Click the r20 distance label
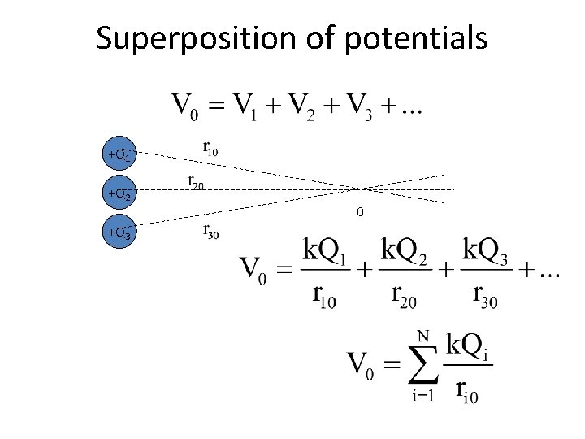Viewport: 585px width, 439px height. click(x=195, y=183)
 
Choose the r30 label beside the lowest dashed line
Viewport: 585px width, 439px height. click(x=210, y=232)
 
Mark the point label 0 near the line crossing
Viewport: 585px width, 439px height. click(x=359, y=213)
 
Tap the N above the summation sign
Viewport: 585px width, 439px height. click(x=422, y=334)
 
